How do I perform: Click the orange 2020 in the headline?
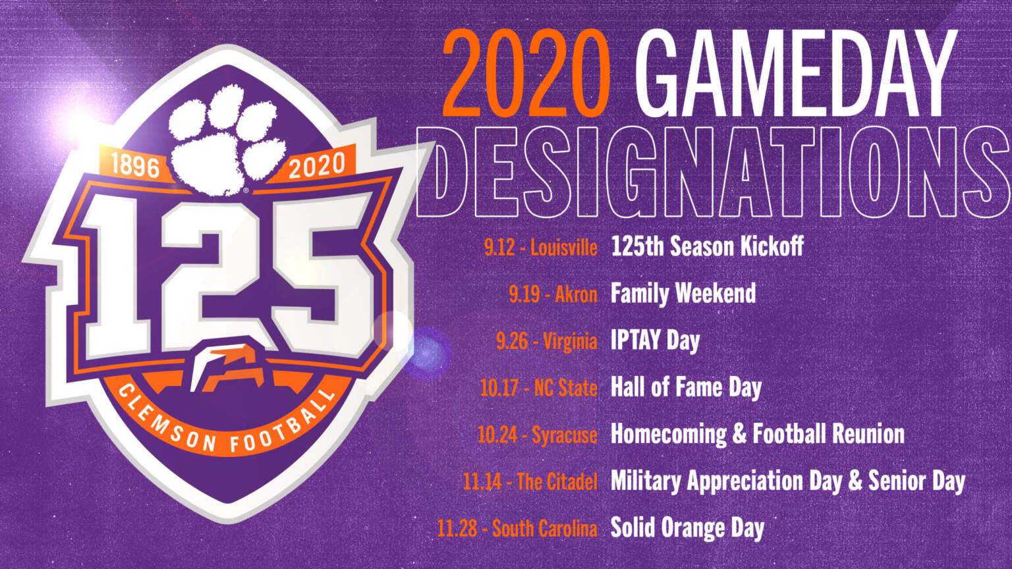(526, 74)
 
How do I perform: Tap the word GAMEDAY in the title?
(798, 74)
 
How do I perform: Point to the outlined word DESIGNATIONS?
(713, 172)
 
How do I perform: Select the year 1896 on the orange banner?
(135, 165)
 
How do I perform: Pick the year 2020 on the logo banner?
(317, 165)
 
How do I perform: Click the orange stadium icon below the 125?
(227, 367)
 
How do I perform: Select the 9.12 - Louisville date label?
(541, 248)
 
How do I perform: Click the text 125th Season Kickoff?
(707, 246)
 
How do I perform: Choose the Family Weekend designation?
(683, 294)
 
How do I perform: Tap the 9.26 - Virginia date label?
(547, 341)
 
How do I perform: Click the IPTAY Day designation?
(655, 341)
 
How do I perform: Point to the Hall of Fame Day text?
(686, 389)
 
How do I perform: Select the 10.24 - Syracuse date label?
(538, 435)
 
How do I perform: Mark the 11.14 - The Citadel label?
(530, 482)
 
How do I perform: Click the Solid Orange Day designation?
(687, 528)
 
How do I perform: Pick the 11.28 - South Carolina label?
(517, 529)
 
